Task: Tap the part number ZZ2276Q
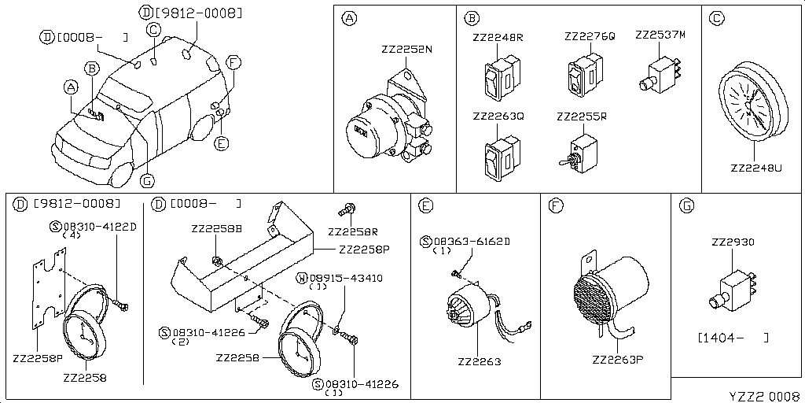click(590, 37)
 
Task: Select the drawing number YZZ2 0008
click(762, 394)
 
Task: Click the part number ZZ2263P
click(618, 361)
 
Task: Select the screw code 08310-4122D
click(98, 227)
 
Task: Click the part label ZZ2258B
click(216, 228)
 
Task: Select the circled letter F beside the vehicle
click(233, 61)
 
